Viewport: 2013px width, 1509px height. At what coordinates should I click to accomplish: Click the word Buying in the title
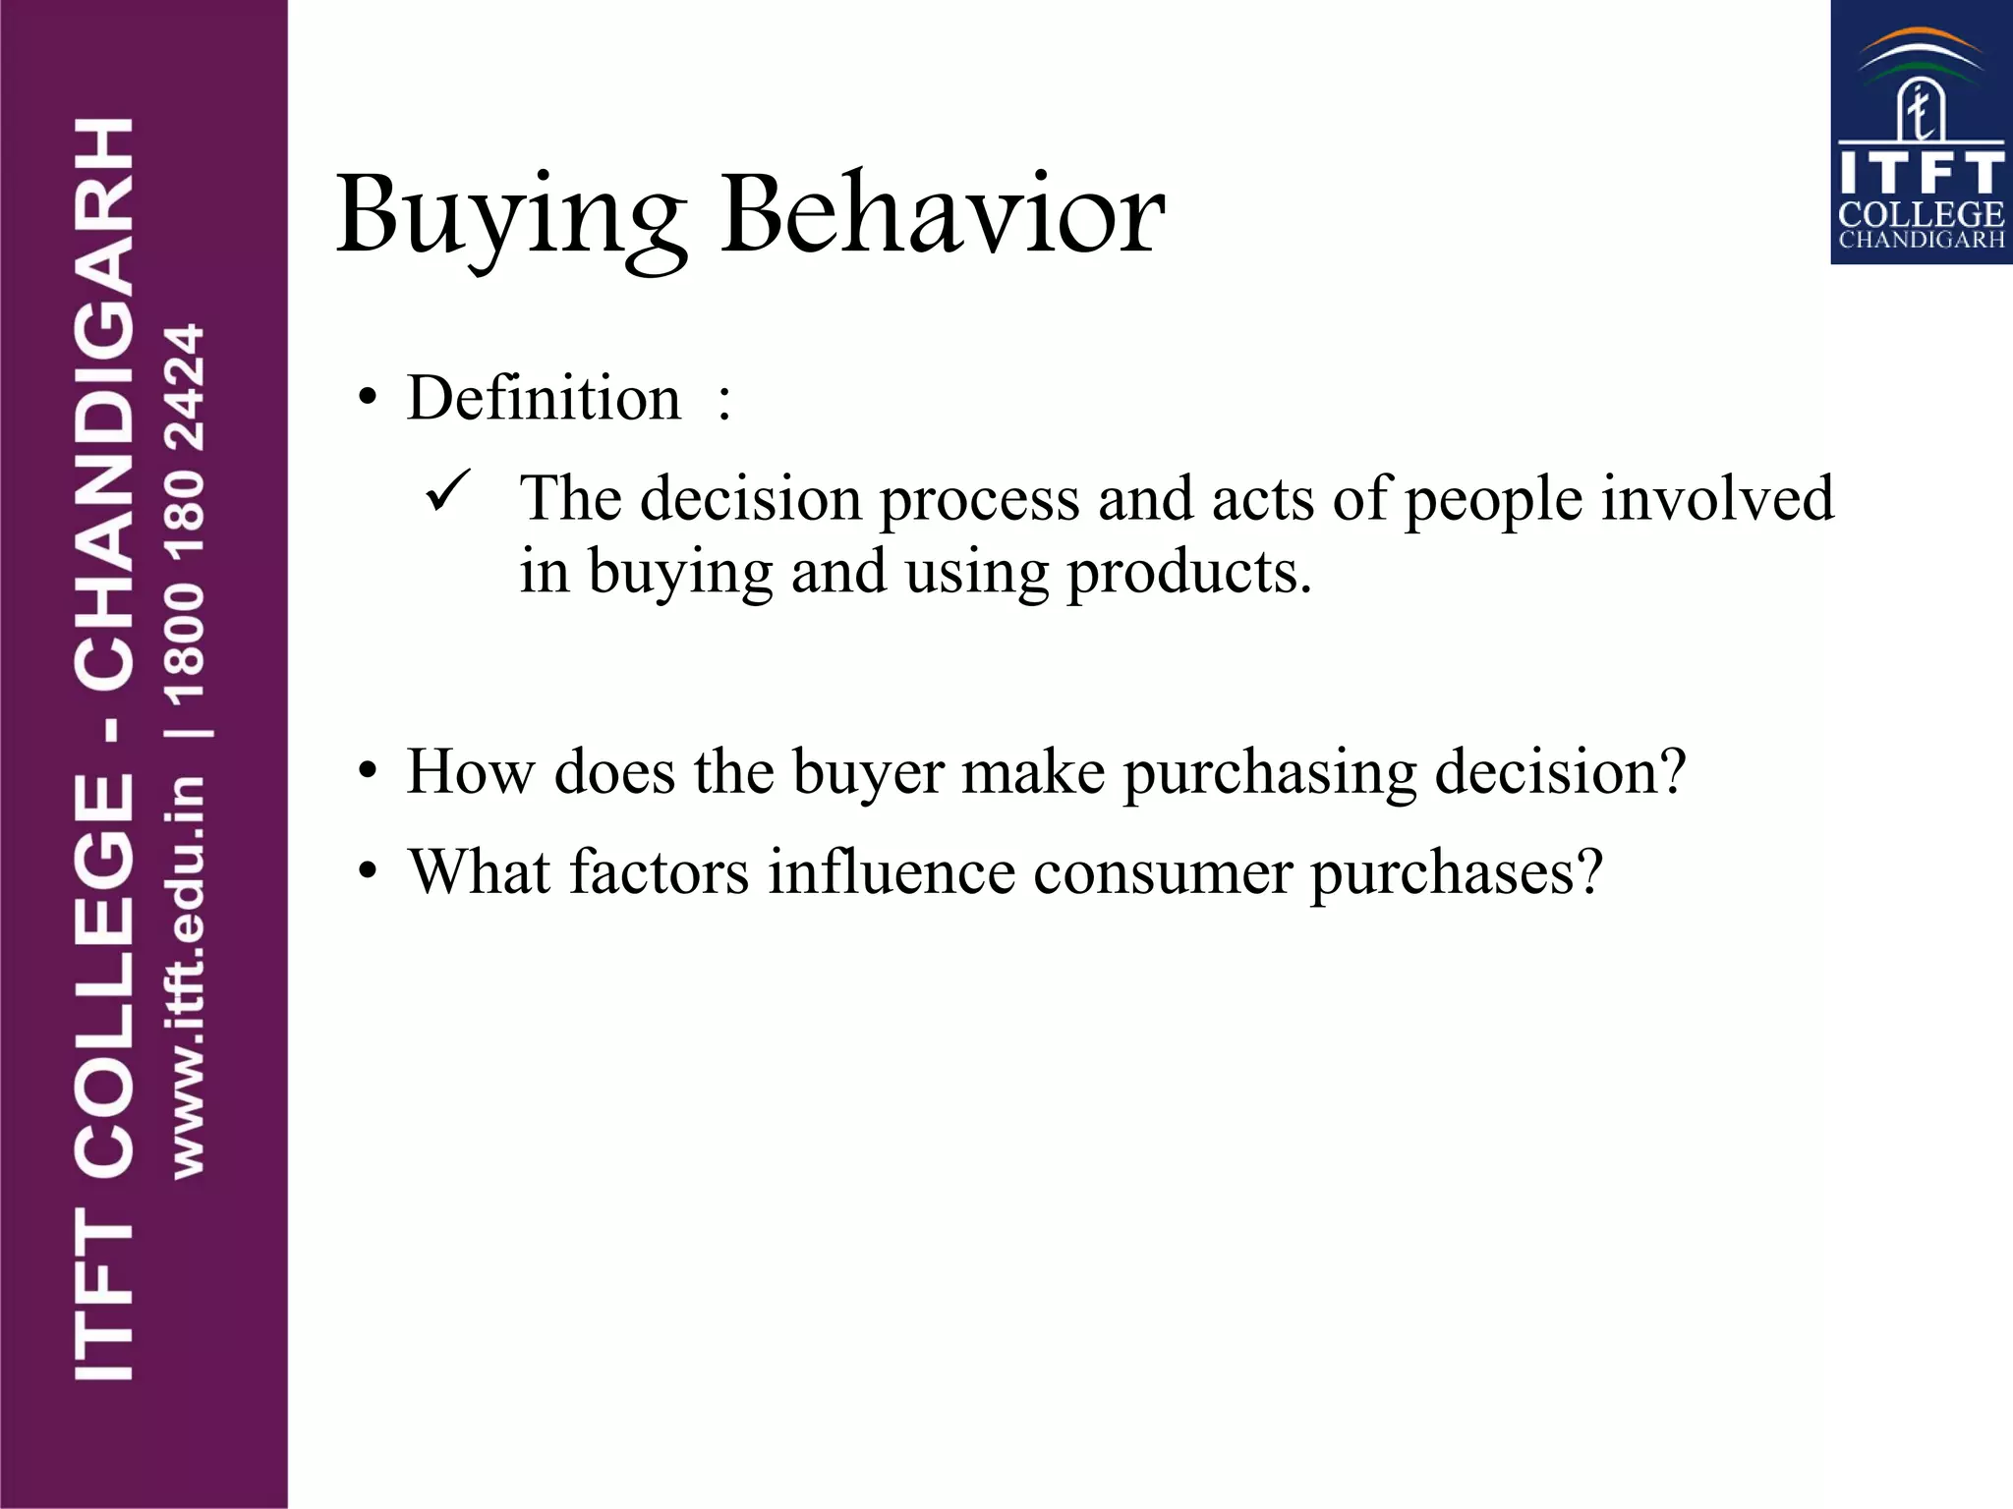511,216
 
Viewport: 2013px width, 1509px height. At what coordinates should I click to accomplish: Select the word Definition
544,399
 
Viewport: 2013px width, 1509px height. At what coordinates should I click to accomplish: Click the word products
1188,573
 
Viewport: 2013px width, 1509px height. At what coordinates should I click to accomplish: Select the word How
471,771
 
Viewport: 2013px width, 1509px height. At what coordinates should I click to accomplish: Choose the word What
480,871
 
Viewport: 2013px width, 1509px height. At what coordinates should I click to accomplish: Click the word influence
891,871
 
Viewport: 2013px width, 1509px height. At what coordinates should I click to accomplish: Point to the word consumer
1163,873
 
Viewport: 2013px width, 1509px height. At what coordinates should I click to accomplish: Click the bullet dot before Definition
368,400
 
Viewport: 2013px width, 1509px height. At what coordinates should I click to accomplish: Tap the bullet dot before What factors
368,871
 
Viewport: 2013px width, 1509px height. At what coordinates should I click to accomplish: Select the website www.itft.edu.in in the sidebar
186,978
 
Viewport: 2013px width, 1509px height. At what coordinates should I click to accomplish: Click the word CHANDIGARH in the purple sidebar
104,403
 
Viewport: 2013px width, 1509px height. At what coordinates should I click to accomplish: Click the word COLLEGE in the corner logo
1921,214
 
